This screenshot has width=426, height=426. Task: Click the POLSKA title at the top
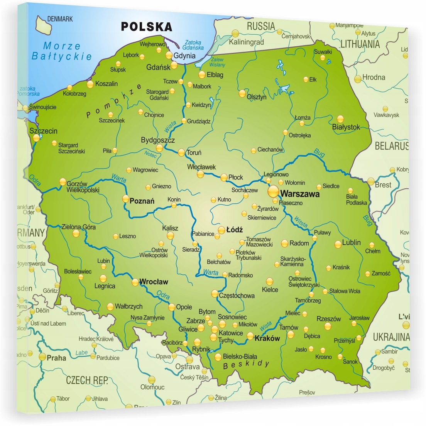pyautogui.click(x=147, y=27)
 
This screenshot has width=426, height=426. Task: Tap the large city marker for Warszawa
pyautogui.click(x=273, y=191)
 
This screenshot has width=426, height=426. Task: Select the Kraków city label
pyautogui.click(x=267, y=338)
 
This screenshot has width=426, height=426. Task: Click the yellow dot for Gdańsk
pyautogui.click(x=174, y=65)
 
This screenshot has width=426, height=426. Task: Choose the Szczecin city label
pyautogui.click(x=43, y=131)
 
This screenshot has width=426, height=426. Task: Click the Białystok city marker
pyautogui.click(x=340, y=119)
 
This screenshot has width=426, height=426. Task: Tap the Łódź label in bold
pyautogui.click(x=235, y=230)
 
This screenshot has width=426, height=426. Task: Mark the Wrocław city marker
pyautogui.click(x=135, y=282)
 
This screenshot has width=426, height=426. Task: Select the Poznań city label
pyautogui.click(x=142, y=201)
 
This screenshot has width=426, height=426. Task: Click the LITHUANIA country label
pyautogui.click(x=360, y=44)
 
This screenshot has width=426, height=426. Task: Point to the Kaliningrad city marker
pyautogui.click(x=234, y=33)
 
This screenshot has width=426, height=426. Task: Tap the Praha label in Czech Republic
pyautogui.click(x=56, y=358)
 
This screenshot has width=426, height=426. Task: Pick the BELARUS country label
pyautogui.click(x=391, y=146)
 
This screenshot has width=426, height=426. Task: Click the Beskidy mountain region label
pyautogui.click(x=246, y=364)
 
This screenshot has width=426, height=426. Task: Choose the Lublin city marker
pyautogui.click(x=338, y=244)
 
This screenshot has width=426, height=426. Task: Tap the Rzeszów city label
pyautogui.click(x=329, y=319)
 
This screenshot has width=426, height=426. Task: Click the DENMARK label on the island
pyautogui.click(x=60, y=19)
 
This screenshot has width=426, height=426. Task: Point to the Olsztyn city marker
pyautogui.click(x=242, y=93)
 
